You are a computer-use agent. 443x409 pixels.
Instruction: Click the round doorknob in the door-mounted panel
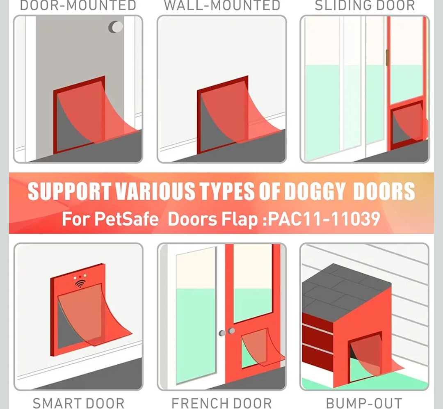point(116,27)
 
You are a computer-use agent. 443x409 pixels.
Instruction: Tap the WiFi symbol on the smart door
point(80,283)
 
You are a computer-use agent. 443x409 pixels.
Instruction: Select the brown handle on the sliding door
point(387,57)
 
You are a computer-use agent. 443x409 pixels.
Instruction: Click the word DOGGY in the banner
point(315,191)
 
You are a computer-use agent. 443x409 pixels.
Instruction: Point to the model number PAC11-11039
point(324,219)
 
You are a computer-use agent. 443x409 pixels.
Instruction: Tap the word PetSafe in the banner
point(126,219)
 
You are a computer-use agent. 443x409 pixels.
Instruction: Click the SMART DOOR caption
point(78,403)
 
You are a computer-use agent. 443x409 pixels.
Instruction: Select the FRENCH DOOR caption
point(222,403)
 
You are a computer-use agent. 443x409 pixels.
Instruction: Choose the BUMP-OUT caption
point(364,403)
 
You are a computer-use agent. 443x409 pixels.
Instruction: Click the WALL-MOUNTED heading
point(222,5)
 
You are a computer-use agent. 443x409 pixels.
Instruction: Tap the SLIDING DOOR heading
point(365,5)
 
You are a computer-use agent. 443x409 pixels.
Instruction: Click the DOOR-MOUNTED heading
point(78,5)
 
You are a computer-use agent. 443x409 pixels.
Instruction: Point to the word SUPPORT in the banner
point(69,191)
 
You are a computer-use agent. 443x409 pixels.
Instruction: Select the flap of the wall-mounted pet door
point(240,113)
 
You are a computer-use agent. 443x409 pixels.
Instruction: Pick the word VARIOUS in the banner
point(155,191)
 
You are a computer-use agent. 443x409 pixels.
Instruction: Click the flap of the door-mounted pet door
point(96,113)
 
